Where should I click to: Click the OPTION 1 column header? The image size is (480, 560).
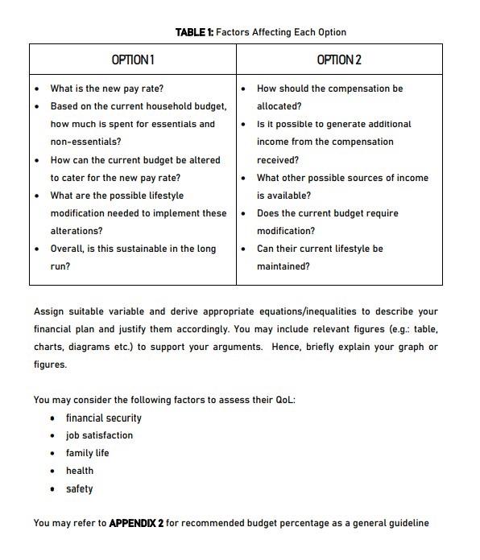[133, 60]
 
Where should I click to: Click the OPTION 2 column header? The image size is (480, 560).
[339, 60]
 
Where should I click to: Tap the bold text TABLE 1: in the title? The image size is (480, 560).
[194, 32]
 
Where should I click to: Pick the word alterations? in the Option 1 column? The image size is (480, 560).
[77, 231]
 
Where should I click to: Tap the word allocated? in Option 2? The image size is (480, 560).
[279, 106]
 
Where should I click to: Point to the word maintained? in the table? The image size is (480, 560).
[283, 266]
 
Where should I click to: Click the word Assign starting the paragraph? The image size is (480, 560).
[48, 311]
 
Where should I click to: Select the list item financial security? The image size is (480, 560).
[103, 418]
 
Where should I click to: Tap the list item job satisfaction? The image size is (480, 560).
[99, 435]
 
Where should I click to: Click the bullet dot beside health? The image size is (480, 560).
[52, 471]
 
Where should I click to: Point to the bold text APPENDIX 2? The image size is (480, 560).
[136, 523]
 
